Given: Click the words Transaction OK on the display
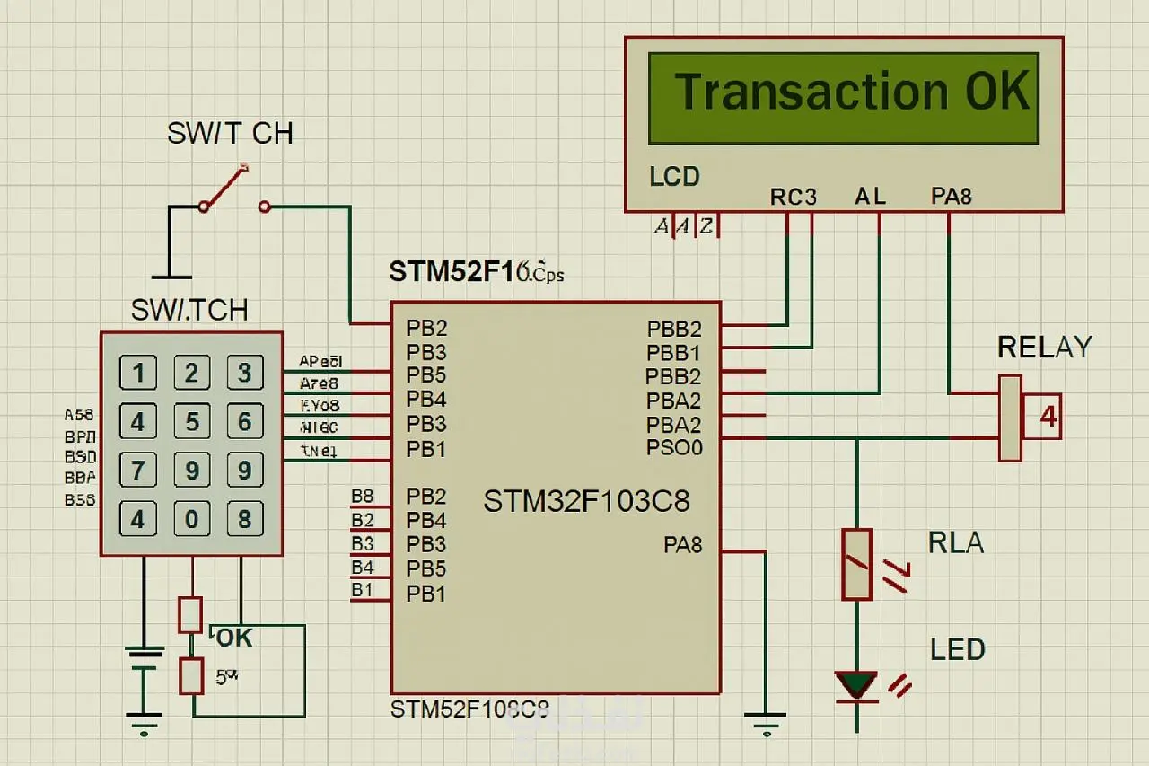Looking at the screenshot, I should click(851, 92).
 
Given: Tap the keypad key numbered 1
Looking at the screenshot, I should click(138, 372).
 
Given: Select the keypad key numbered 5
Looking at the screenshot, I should click(191, 421).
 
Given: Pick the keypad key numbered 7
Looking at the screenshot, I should click(138, 470).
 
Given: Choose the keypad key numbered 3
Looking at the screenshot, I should click(244, 372).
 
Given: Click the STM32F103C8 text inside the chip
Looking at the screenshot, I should click(586, 501).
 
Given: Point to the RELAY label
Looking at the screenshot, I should click(1044, 348).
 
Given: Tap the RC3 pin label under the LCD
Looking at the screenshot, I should click(794, 197).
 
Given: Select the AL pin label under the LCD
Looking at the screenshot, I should click(871, 197).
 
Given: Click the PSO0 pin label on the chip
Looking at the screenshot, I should click(674, 447).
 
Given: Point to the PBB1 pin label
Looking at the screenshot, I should click(674, 353).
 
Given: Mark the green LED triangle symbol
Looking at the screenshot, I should click(856, 684).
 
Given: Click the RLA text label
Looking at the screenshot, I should click(956, 543).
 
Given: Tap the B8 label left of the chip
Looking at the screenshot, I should click(363, 496).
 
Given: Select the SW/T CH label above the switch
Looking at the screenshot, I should click(230, 134).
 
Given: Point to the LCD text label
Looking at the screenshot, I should click(674, 176).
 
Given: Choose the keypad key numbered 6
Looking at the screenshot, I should click(244, 421).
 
